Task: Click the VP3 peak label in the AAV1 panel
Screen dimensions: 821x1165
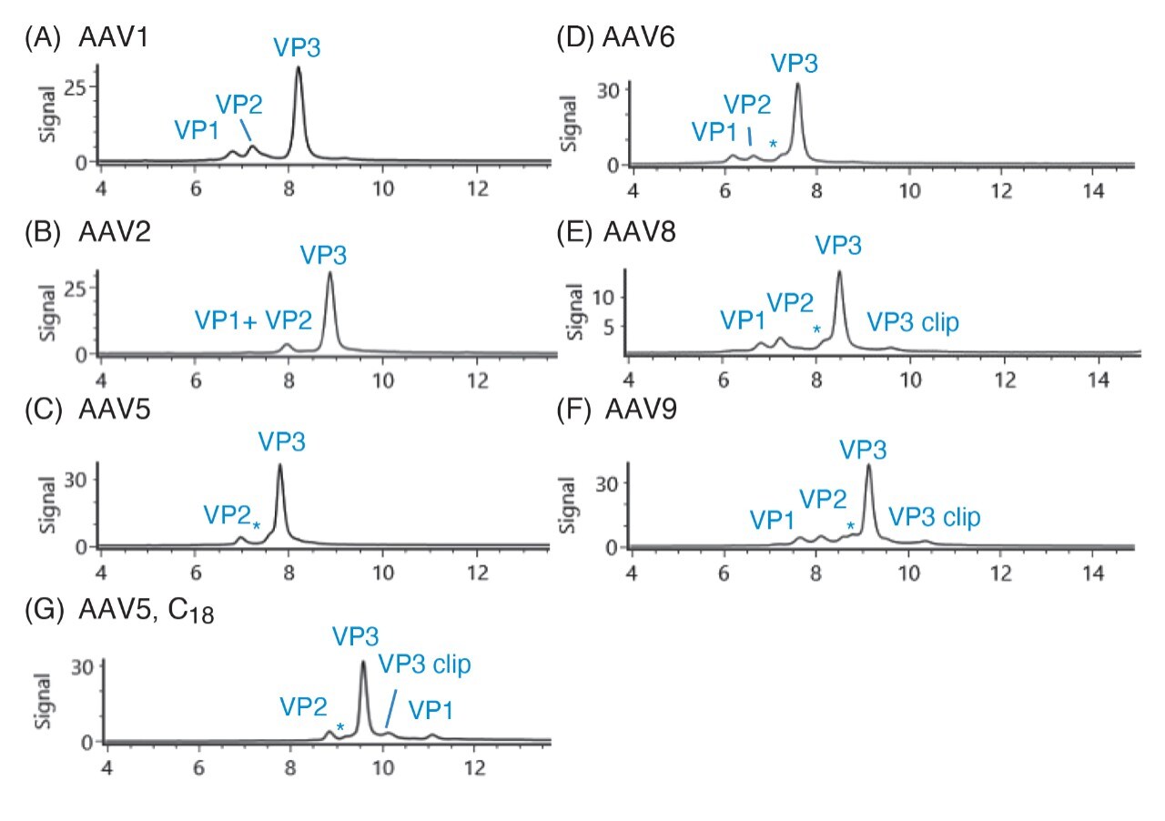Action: pyautogui.click(x=297, y=47)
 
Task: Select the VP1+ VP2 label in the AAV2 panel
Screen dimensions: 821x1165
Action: pyautogui.click(x=253, y=319)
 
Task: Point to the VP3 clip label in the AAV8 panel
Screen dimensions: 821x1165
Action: pyautogui.click(x=912, y=322)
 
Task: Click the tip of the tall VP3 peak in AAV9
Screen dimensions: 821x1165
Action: pyautogui.click(x=868, y=466)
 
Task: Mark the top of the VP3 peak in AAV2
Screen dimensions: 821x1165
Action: pyautogui.click(x=330, y=274)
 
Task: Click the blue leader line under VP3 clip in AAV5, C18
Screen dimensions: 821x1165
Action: pyautogui.click(x=391, y=708)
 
